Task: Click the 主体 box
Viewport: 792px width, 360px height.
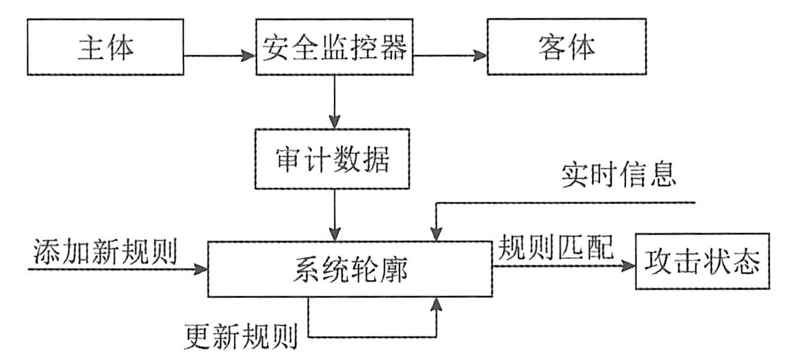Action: pos(106,48)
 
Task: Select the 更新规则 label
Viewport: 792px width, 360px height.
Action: pos(242,339)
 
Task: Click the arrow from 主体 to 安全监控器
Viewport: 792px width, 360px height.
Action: pos(220,57)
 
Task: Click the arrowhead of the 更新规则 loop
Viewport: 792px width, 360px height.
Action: pos(437,303)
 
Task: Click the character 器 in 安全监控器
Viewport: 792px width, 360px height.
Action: pos(393,48)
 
